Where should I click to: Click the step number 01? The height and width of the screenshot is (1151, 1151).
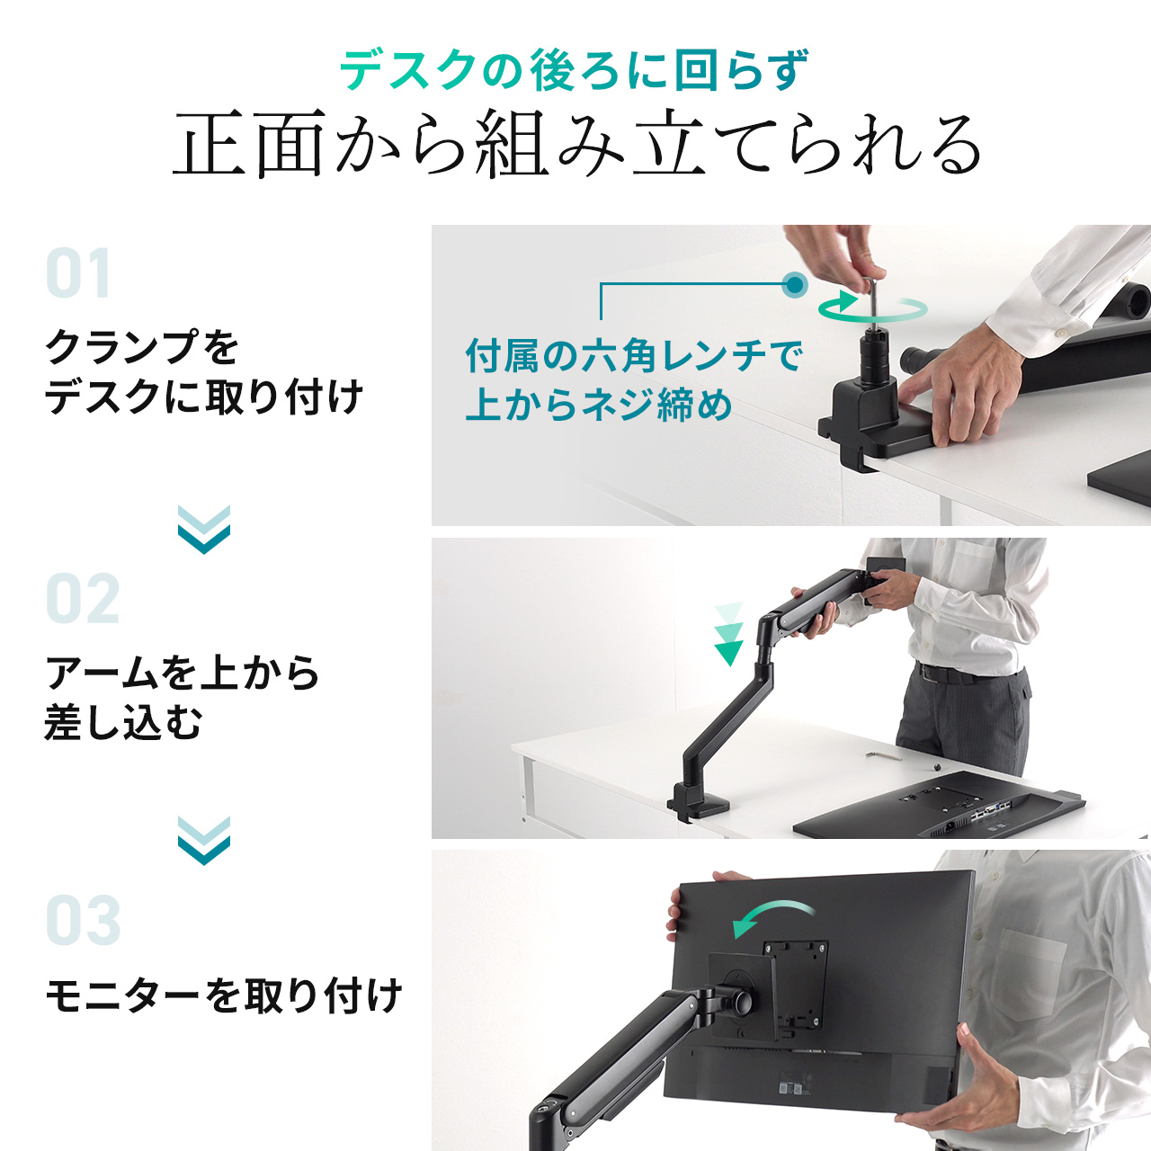click(x=78, y=274)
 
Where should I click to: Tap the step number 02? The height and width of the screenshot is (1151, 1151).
click(x=83, y=600)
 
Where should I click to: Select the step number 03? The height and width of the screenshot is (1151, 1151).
click(x=83, y=921)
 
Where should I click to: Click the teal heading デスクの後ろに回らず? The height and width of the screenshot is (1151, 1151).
click(x=575, y=70)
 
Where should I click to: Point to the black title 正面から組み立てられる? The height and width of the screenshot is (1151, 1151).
click(x=576, y=145)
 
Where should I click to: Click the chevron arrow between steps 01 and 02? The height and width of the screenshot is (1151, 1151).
click(x=204, y=529)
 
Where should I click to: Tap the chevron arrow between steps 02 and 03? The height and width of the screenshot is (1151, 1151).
click(x=204, y=840)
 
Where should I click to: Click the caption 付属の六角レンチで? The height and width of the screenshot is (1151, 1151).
click(x=633, y=356)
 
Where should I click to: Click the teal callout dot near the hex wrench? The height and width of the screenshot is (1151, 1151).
click(x=794, y=285)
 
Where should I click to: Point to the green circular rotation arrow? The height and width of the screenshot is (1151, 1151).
click(x=871, y=308)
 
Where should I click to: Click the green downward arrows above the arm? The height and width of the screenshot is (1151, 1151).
click(x=728, y=635)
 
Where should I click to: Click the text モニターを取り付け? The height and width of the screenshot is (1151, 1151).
click(x=223, y=995)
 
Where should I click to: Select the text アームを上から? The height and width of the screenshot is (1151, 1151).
click(x=183, y=673)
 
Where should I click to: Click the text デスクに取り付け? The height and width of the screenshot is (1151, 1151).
click(x=204, y=397)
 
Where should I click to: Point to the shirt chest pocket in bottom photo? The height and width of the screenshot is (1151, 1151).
click(x=1034, y=976)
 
